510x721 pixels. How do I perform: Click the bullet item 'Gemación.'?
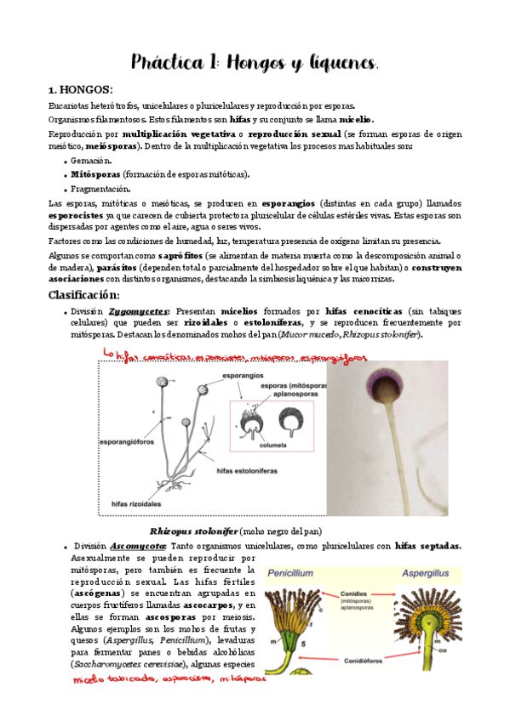coord(91,160)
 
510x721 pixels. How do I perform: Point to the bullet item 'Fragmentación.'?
coord(101,188)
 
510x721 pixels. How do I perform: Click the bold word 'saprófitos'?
coord(180,255)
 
